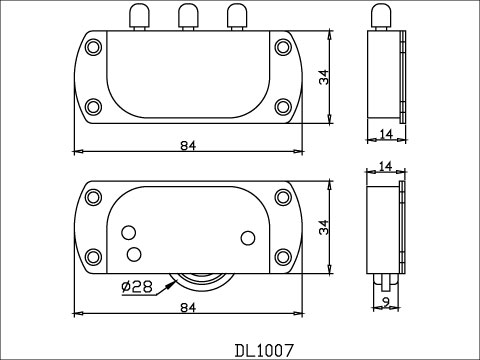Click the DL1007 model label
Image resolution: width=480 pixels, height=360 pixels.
pyautogui.click(x=265, y=350)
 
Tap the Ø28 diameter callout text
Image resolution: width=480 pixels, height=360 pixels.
pyautogui.click(x=137, y=286)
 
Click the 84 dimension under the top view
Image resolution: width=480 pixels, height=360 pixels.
pyautogui.click(x=188, y=146)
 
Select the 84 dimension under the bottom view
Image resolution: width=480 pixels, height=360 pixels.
pyautogui.click(x=188, y=308)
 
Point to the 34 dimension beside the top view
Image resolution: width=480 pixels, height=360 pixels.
pyautogui.click(x=324, y=77)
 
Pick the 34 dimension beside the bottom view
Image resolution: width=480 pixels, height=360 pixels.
pyautogui.click(x=324, y=227)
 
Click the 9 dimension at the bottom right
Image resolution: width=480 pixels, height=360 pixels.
pyautogui.click(x=386, y=302)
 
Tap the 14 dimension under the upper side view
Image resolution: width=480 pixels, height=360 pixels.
pyautogui.click(x=386, y=134)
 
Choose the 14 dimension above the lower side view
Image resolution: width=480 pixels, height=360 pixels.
pyautogui.click(x=386, y=166)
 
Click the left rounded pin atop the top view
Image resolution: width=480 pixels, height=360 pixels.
pyautogui.click(x=139, y=17)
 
